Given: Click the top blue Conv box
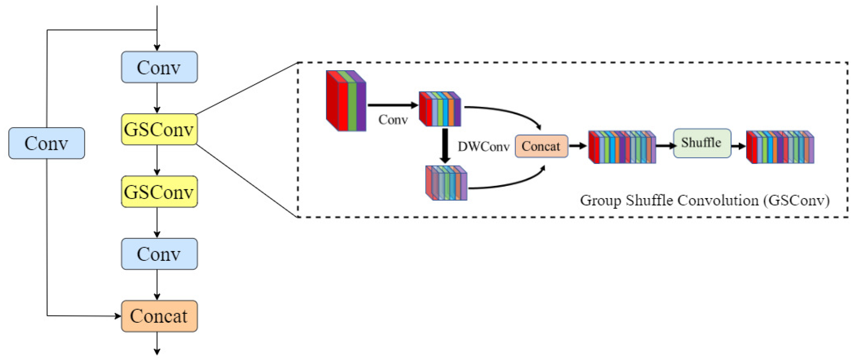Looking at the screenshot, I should [x=159, y=67].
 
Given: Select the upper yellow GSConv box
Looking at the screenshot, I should [x=159, y=129].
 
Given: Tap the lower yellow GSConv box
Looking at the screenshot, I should [x=159, y=192].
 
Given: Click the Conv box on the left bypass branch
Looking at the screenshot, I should [x=46, y=143].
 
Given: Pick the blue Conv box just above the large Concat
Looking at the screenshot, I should [x=159, y=254].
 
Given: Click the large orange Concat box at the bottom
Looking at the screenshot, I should [x=159, y=316].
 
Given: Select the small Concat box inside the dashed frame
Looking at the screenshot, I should [x=541, y=146].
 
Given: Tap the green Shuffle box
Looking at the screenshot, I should [x=702, y=143].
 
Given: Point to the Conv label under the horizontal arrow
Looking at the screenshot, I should [x=393, y=120].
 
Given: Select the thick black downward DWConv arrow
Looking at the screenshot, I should [x=445, y=145].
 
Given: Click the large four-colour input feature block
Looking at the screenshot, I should [x=346, y=101].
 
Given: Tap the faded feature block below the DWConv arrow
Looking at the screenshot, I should [x=446, y=183].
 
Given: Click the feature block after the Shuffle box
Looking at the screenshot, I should [x=780, y=147].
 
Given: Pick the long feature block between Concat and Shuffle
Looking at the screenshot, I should [x=622, y=147].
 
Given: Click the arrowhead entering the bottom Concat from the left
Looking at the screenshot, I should [x=118, y=316].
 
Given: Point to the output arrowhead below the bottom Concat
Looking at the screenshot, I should [x=157, y=352].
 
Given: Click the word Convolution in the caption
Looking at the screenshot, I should [x=718, y=200].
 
